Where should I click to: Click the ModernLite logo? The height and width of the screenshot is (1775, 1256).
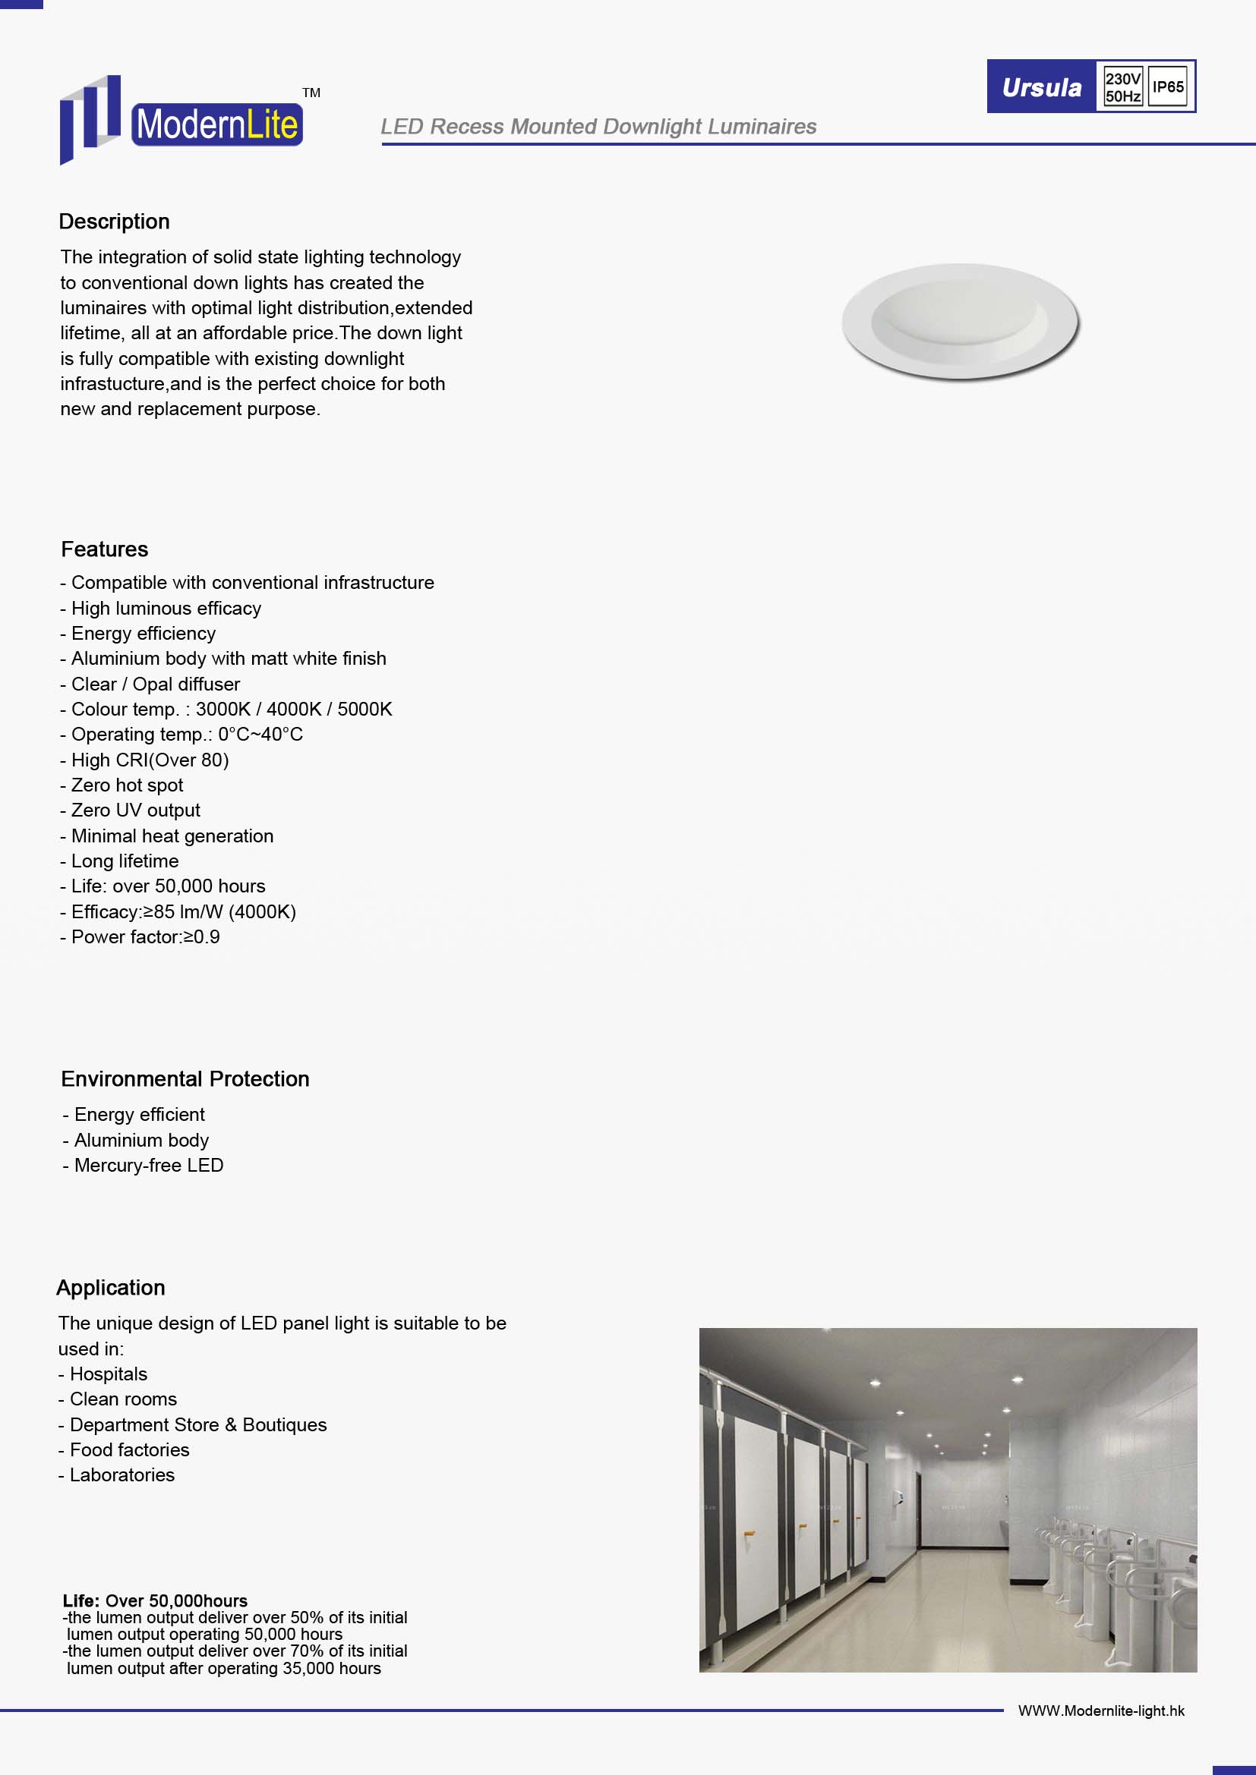point(181,121)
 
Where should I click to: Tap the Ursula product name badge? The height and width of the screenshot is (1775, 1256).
point(1041,87)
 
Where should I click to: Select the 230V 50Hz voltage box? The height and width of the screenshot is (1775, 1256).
point(1122,87)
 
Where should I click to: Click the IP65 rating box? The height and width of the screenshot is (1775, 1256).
point(1168,87)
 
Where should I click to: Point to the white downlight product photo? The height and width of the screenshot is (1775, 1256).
point(961,322)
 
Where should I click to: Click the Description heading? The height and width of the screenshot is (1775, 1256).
point(115,222)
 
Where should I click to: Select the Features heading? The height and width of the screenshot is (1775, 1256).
point(104,549)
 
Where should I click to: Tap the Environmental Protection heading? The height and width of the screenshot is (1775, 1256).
point(185,1079)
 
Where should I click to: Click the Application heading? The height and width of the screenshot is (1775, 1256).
point(111,1288)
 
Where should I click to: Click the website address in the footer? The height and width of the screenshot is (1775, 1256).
point(1100,1710)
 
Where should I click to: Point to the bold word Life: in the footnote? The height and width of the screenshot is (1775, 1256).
point(81,1601)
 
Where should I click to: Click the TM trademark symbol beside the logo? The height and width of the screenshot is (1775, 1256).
point(311,93)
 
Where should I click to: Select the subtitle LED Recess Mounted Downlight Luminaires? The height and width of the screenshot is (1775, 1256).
point(598,127)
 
